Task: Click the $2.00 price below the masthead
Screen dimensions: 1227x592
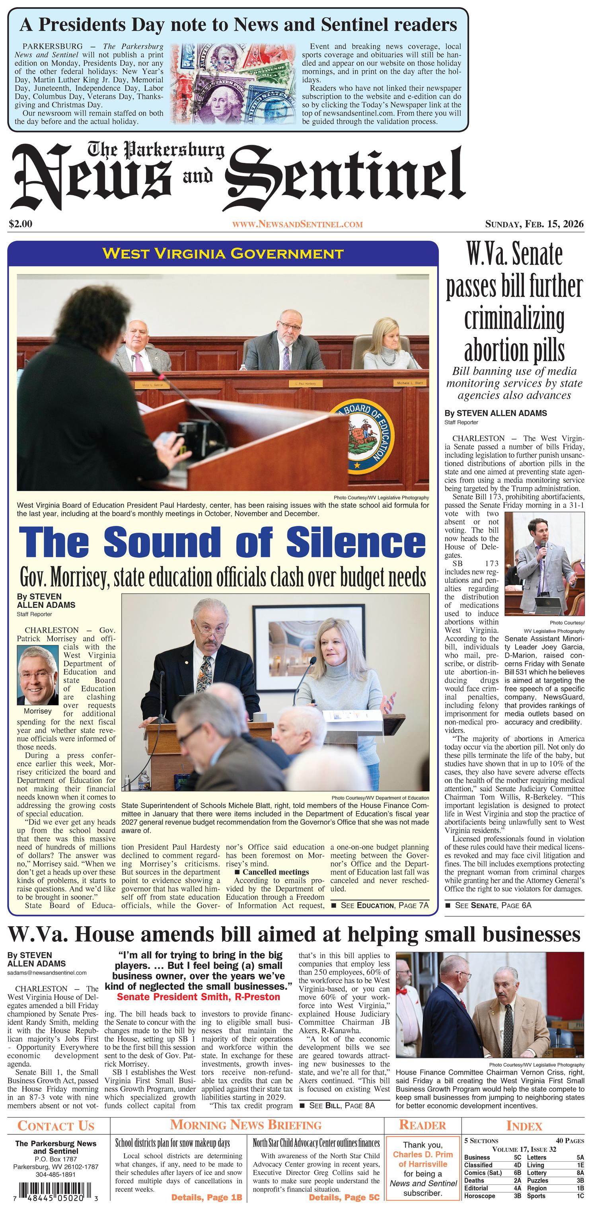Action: [20, 223]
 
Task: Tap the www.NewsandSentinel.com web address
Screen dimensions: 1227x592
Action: [297, 224]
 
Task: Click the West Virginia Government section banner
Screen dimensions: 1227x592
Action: [222, 253]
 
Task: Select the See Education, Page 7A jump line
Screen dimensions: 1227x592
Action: [380, 906]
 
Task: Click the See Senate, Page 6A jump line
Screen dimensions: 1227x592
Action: [488, 906]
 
